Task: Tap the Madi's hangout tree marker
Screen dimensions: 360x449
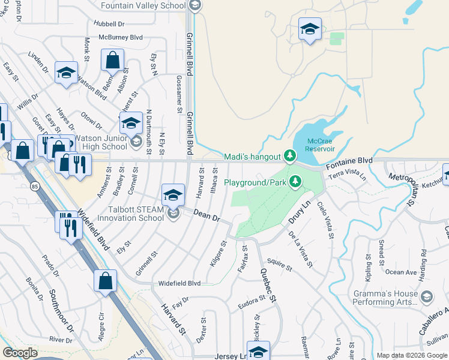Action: coord(290,157)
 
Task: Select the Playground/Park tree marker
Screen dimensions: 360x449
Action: coord(295,182)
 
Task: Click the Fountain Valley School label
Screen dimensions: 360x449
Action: coord(143,5)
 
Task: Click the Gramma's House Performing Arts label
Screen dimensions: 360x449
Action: coord(385,298)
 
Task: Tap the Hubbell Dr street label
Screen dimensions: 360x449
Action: coord(109,24)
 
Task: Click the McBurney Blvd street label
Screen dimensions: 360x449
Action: coord(121,37)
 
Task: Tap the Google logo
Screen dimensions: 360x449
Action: coord(20,353)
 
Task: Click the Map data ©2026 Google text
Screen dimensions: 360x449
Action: coord(412,355)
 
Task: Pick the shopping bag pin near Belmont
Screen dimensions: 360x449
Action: coord(112,61)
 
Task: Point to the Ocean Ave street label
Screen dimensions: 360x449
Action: coord(401,272)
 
